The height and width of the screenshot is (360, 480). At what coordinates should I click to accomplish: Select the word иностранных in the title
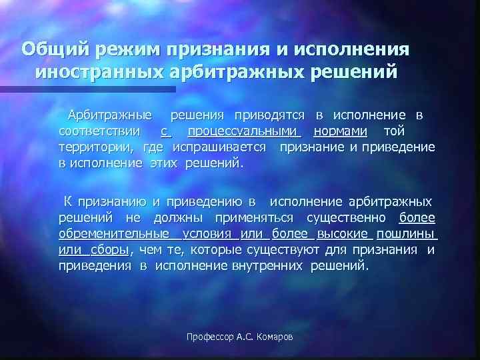(97, 71)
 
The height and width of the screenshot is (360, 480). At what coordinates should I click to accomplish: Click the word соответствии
(99, 131)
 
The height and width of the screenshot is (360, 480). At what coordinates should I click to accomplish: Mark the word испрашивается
(220, 147)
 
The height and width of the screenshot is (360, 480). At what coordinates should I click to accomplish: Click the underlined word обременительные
(113, 234)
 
